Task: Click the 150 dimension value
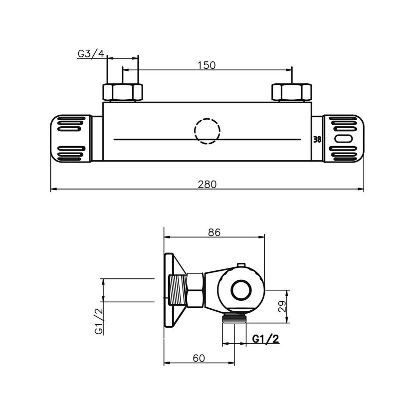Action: (x=207, y=65)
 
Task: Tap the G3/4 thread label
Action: (x=91, y=53)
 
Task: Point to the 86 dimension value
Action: (x=214, y=232)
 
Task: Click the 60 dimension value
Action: (x=199, y=358)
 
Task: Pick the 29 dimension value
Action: (x=282, y=306)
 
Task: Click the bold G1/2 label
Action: (x=266, y=339)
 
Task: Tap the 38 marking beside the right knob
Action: (x=317, y=139)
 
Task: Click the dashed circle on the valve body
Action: (x=207, y=131)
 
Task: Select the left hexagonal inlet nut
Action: (x=123, y=92)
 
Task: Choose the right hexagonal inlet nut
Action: (x=292, y=92)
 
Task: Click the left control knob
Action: (x=71, y=138)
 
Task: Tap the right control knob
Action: (x=344, y=138)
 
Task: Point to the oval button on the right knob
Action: (x=344, y=139)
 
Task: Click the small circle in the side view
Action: (x=241, y=290)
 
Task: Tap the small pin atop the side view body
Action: (x=241, y=265)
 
